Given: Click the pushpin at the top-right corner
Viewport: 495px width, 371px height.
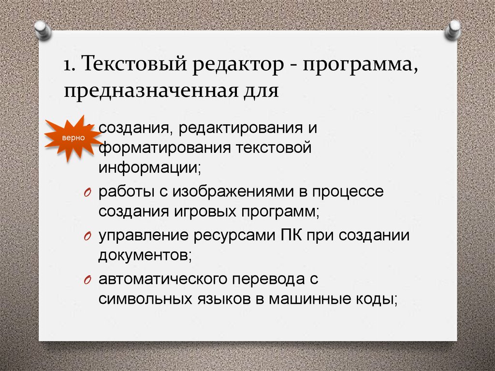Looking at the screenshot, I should click(x=453, y=30).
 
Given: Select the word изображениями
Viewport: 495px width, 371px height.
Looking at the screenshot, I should click(x=229, y=192).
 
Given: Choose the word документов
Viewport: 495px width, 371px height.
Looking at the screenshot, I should click(x=145, y=255).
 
